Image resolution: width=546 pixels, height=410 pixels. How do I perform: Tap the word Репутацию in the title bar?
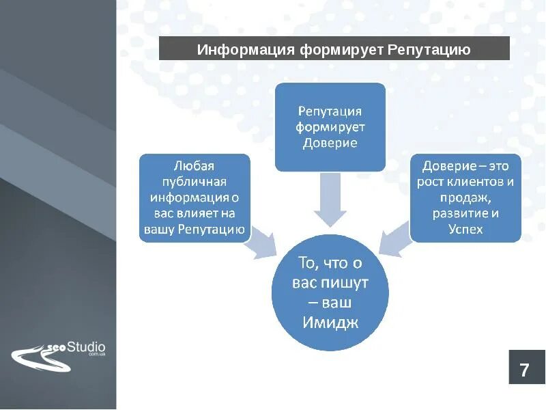coord(429,50)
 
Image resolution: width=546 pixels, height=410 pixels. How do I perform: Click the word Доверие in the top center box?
coord(330,143)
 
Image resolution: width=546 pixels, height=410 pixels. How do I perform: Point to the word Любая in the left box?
coord(195,165)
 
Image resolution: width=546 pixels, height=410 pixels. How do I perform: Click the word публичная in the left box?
coord(195,182)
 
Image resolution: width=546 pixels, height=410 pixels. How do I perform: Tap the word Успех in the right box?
coord(465,230)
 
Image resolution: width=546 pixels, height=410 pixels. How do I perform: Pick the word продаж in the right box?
coord(465,197)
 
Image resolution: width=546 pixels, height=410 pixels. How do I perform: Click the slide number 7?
coord(524,371)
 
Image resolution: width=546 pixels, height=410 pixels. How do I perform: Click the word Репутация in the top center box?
coord(330,111)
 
